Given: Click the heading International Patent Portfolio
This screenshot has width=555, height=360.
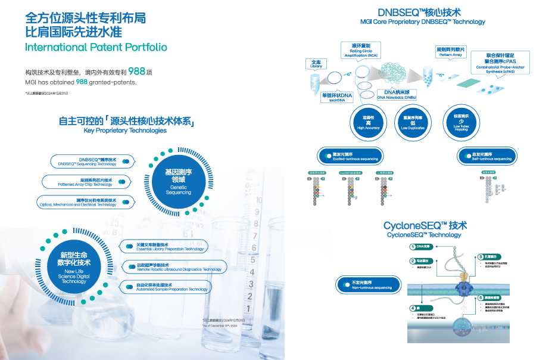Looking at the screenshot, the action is tap(96, 47).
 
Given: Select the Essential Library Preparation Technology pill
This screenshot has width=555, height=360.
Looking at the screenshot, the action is tap(163, 246).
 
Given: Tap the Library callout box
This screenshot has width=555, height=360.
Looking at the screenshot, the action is tap(316, 64).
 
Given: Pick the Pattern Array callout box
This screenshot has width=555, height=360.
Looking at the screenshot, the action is tap(450, 52).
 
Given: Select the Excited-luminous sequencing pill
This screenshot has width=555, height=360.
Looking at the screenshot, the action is tap(350, 157).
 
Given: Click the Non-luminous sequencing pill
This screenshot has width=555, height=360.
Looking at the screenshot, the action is tap(366, 285).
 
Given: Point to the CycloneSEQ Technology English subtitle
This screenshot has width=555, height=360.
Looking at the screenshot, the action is tap(423, 235).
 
